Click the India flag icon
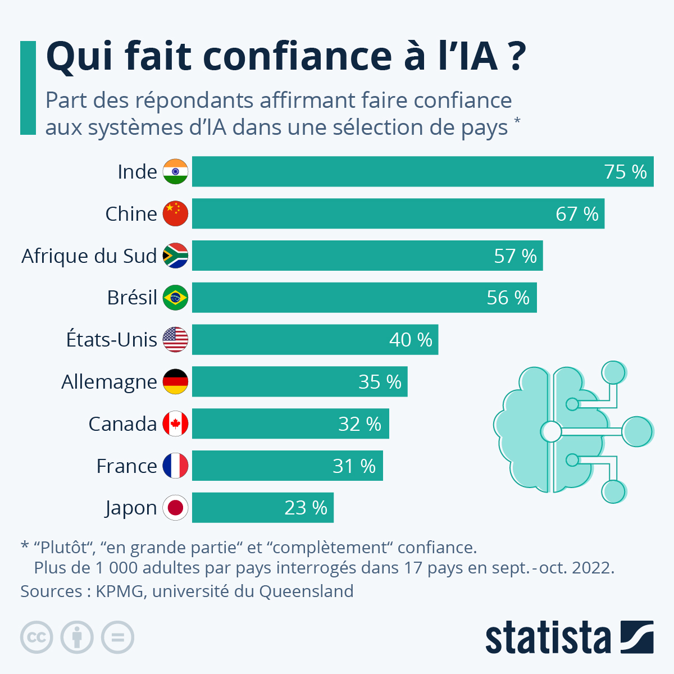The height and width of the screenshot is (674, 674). [x=175, y=172]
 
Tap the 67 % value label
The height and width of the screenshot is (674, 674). [x=577, y=214]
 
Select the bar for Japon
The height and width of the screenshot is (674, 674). [x=262, y=508]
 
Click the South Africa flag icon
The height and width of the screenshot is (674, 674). [x=175, y=256]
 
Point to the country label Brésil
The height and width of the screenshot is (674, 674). [x=132, y=298]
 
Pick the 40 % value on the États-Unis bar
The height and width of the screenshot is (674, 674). [x=411, y=340]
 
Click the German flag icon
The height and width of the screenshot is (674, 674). [x=175, y=382]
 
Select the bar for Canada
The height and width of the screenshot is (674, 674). [x=290, y=423]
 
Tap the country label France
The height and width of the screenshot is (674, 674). [x=126, y=466]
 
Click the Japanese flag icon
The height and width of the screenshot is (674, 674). [x=175, y=508]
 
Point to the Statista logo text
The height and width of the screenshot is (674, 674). [x=548, y=638]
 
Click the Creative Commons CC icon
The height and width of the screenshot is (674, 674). [x=37, y=637]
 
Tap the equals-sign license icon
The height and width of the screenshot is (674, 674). [x=117, y=637]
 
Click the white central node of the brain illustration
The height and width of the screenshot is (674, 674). [x=551, y=431]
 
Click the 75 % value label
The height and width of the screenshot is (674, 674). [x=625, y=172]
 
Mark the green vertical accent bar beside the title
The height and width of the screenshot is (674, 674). [x=28, y=88]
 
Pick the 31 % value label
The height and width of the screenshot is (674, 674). [x=354, y=466]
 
